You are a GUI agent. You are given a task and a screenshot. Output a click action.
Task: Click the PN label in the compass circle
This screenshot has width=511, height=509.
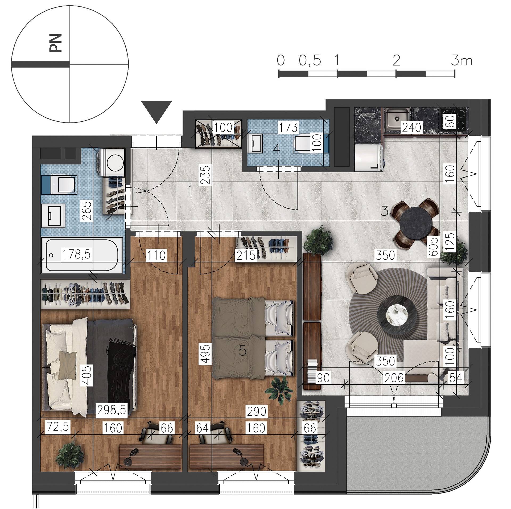pyautogui.click(x=56, y=43)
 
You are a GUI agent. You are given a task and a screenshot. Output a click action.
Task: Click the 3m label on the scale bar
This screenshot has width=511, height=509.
pyautogui.click(x=461, y=61)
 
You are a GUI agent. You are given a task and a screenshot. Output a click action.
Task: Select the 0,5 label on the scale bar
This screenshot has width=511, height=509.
pyautogui.click(x=310, y=61)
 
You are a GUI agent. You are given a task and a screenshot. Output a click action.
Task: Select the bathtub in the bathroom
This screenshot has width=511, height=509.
pyautogui.click(x=82, y=255)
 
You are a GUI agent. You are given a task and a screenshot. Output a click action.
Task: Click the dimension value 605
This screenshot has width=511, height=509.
pyautogui.click(x=434, y=247)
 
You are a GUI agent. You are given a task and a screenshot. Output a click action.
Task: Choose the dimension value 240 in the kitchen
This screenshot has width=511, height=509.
pyautogui.click(x=412, y=128)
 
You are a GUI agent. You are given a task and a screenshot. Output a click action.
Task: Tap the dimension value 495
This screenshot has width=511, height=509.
pyautogui.click(x=205, y=354)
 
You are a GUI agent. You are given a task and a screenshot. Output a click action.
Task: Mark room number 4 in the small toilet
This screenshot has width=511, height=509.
pyautogui.click(x=277, y=149)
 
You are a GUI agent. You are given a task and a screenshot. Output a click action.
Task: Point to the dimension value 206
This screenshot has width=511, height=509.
pyautogui.click(x=394, y=378)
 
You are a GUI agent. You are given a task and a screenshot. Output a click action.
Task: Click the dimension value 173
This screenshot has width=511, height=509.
pyautogui.click(x=289, y=127)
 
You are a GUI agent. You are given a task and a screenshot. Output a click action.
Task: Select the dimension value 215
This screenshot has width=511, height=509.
pyautogui.click(x=246, y=255)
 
